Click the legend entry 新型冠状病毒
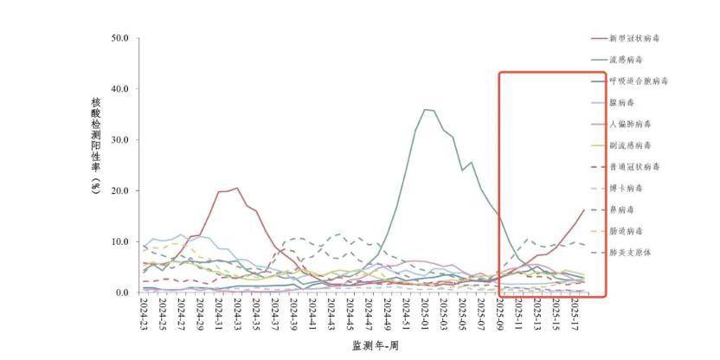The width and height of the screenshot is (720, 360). (x=639, y=38)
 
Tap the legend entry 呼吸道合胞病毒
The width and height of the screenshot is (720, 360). (x=639, y=81)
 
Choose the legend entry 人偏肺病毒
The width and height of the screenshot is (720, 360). (x=631, y=124)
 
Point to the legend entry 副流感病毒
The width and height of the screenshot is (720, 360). (x=631, y=145)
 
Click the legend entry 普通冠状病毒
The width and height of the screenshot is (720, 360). (x=635, y=167)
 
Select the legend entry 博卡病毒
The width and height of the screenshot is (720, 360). (x=627, y=188)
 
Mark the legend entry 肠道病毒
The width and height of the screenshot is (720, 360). (x=627, y=231)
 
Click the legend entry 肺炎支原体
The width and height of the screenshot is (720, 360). (x=631, y=253)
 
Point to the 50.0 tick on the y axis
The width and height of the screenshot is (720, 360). (x=120, y=39)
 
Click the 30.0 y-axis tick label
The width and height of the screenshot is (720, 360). (x=120, y=140)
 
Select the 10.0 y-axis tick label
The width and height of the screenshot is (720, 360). (x=120, y=241)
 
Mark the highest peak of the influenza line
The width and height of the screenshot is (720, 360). (x=425, y=109)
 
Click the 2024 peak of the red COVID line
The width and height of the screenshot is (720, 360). (x=236, y=188)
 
